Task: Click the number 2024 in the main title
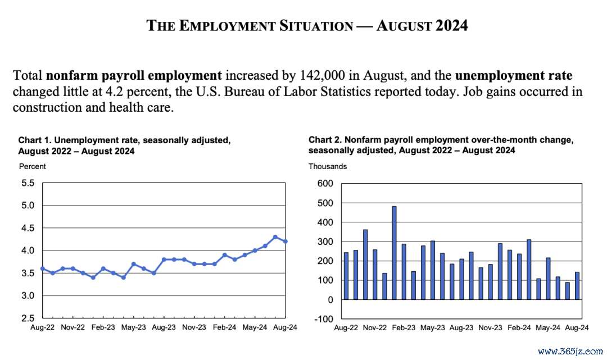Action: [451, 25]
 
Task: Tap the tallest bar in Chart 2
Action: [394, 253]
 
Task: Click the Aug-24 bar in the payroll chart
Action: [577, 286]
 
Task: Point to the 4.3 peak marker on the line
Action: [275, 237]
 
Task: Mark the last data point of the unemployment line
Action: [286, 241]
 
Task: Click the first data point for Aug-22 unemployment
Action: [43, 268]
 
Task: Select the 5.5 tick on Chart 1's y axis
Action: [28, 183]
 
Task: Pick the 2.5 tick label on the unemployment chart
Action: [28, 318]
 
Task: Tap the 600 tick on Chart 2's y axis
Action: [325, 183]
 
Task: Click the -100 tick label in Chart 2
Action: [324, 320]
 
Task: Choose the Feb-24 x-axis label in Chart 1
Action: [224, 327]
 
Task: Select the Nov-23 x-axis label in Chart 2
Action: [490, 327]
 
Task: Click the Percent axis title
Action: [33, 166]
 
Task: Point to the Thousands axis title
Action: [328, 166]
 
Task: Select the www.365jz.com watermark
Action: [570, 352]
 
